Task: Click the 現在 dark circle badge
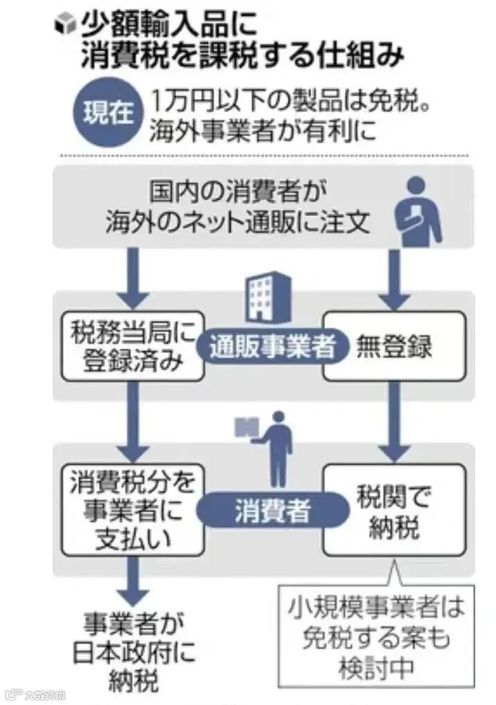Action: coord(108,113)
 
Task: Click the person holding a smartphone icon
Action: coord(418,212)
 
